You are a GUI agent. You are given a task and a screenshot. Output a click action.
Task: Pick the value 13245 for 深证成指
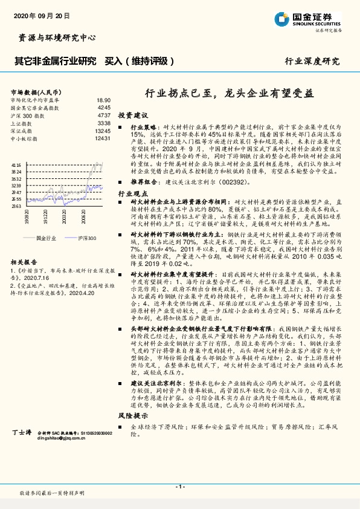[x=102, y=131]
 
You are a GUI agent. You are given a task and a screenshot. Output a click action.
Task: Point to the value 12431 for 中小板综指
[x=102, y=138]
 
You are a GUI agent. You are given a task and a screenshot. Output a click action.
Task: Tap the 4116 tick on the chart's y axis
[x=17, y=164]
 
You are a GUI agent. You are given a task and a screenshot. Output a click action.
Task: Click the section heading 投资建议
[x=132, y=115]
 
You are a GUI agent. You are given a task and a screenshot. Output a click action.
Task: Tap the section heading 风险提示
[x=132, y=450]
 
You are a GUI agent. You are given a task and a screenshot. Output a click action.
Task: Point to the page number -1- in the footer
[x=179, y=487]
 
